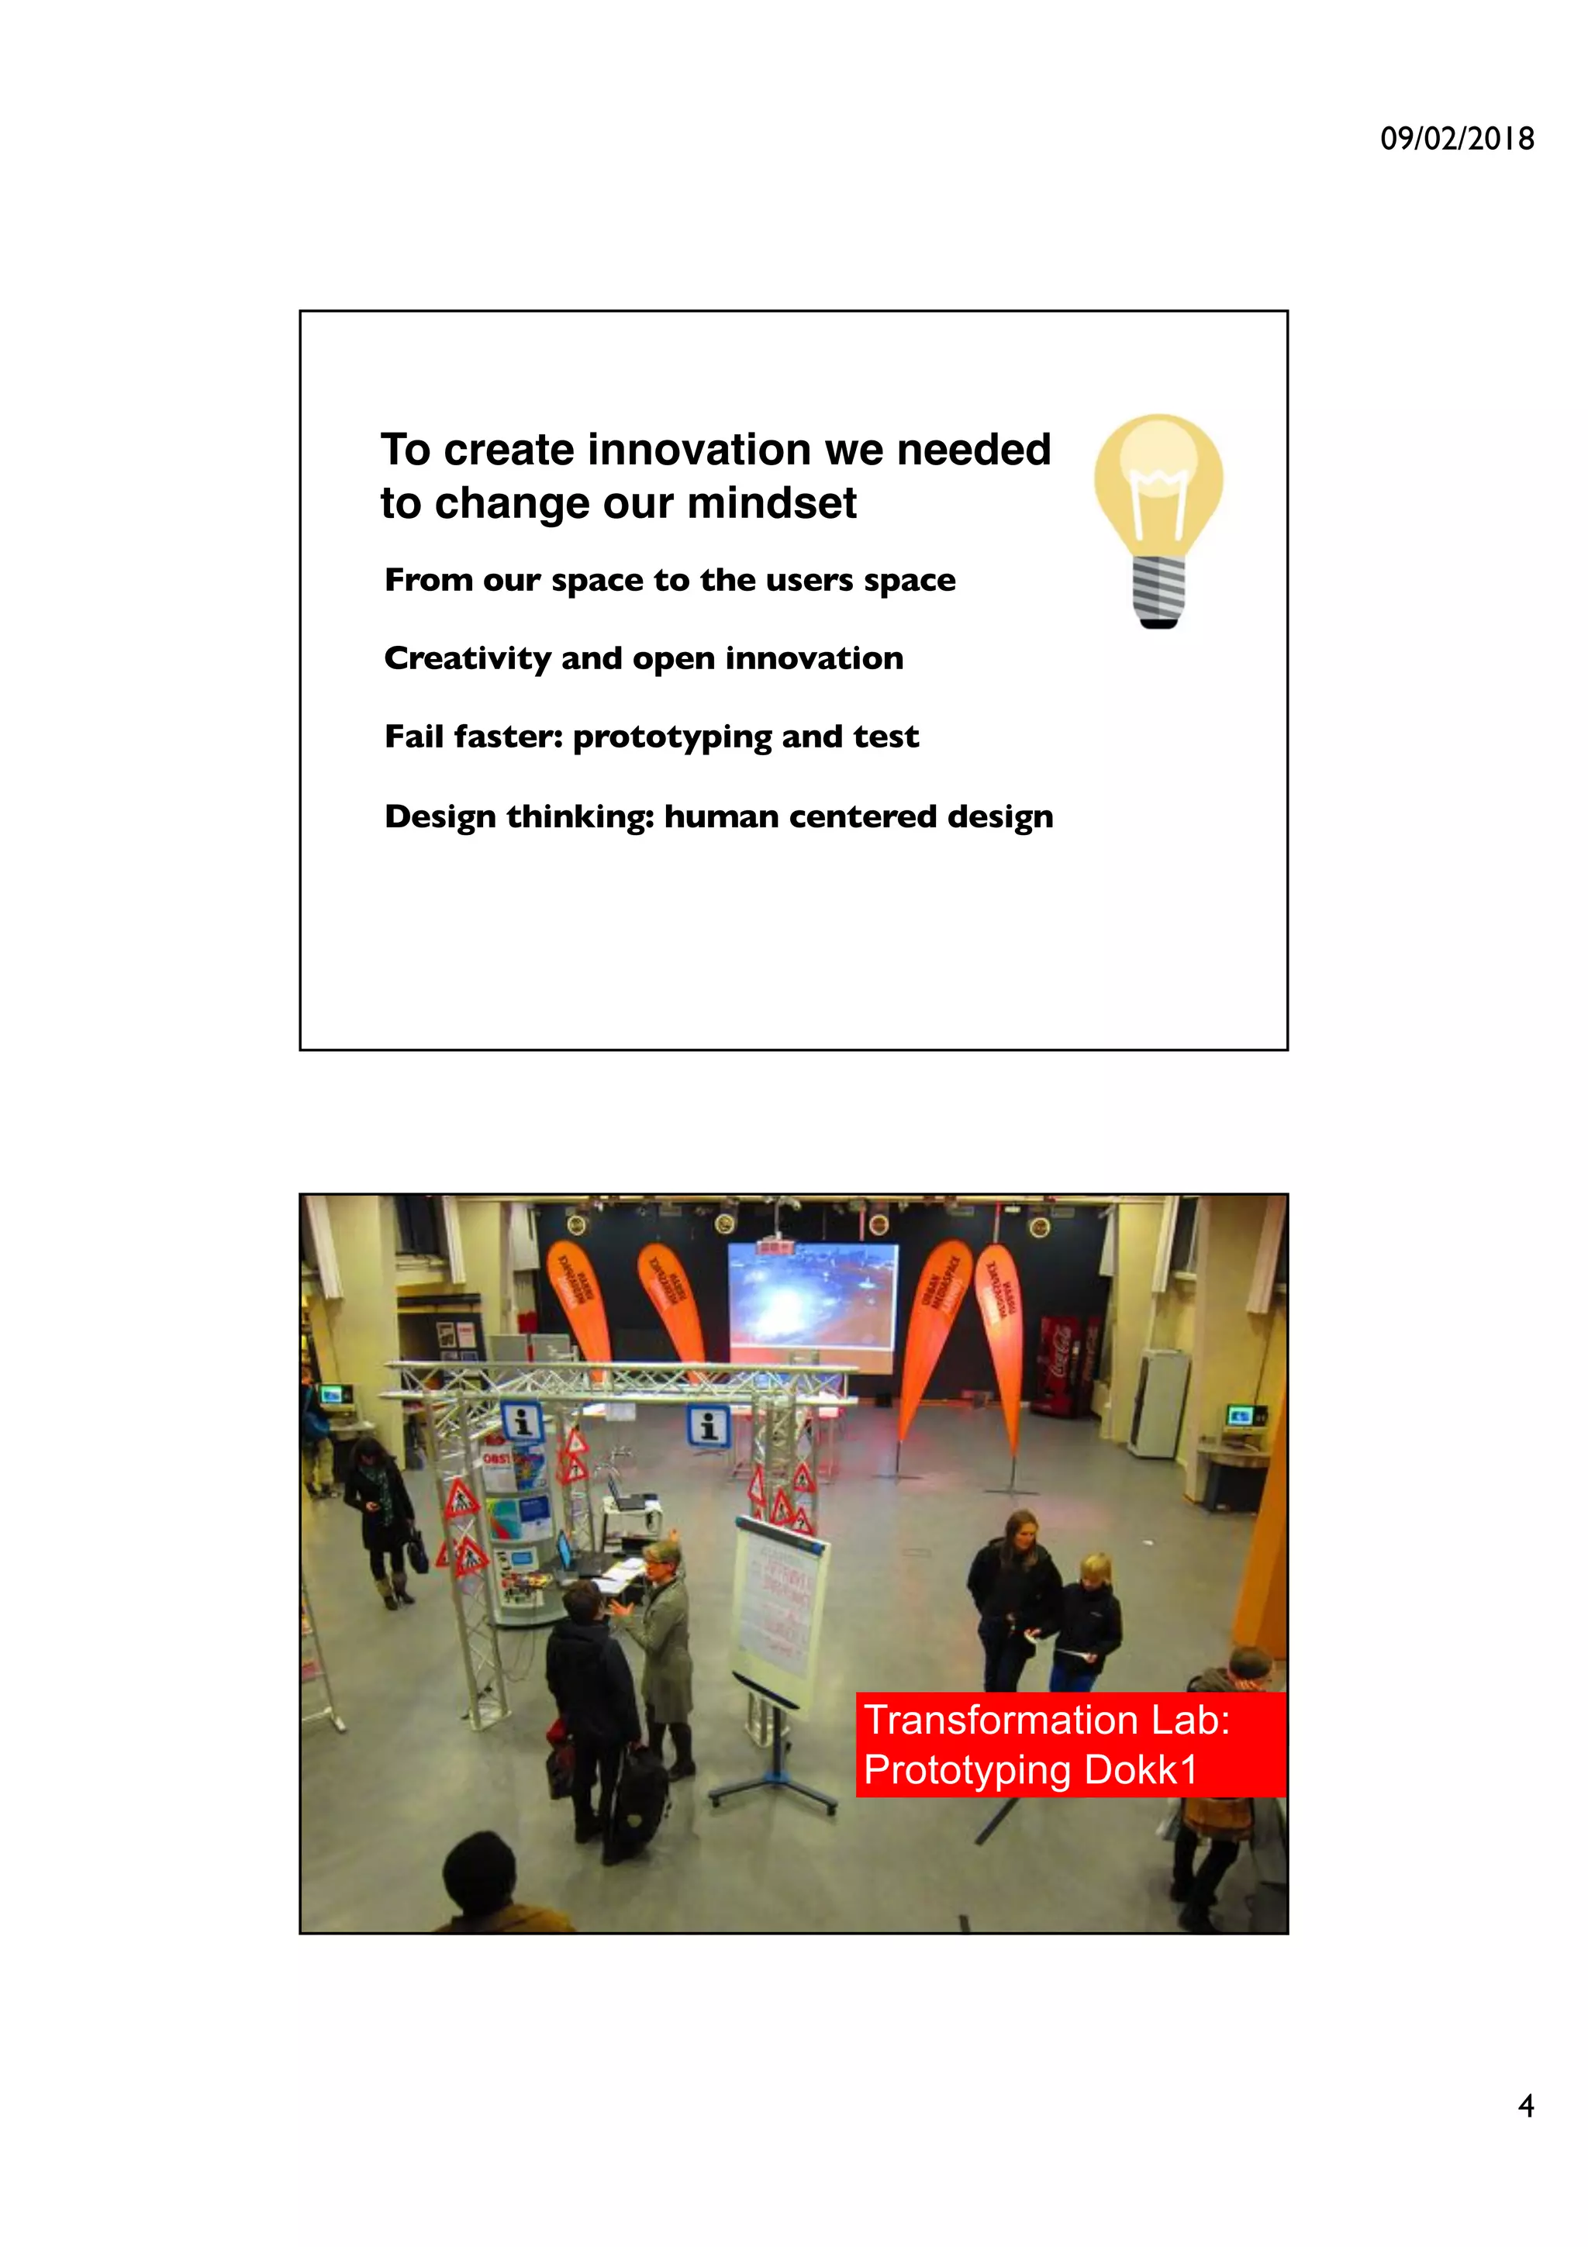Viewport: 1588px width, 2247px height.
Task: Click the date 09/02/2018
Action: (x=1456, y=139)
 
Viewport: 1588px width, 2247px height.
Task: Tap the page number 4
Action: (x=1525, y=2105)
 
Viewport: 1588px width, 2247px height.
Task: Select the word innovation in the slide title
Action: (x=699, y=450)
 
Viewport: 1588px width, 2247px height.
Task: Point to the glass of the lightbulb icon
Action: (x=1158, y=479)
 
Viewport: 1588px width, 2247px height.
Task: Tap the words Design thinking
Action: (x=519, y=816)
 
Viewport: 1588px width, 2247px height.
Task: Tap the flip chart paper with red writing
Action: (x=777, y=1604)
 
